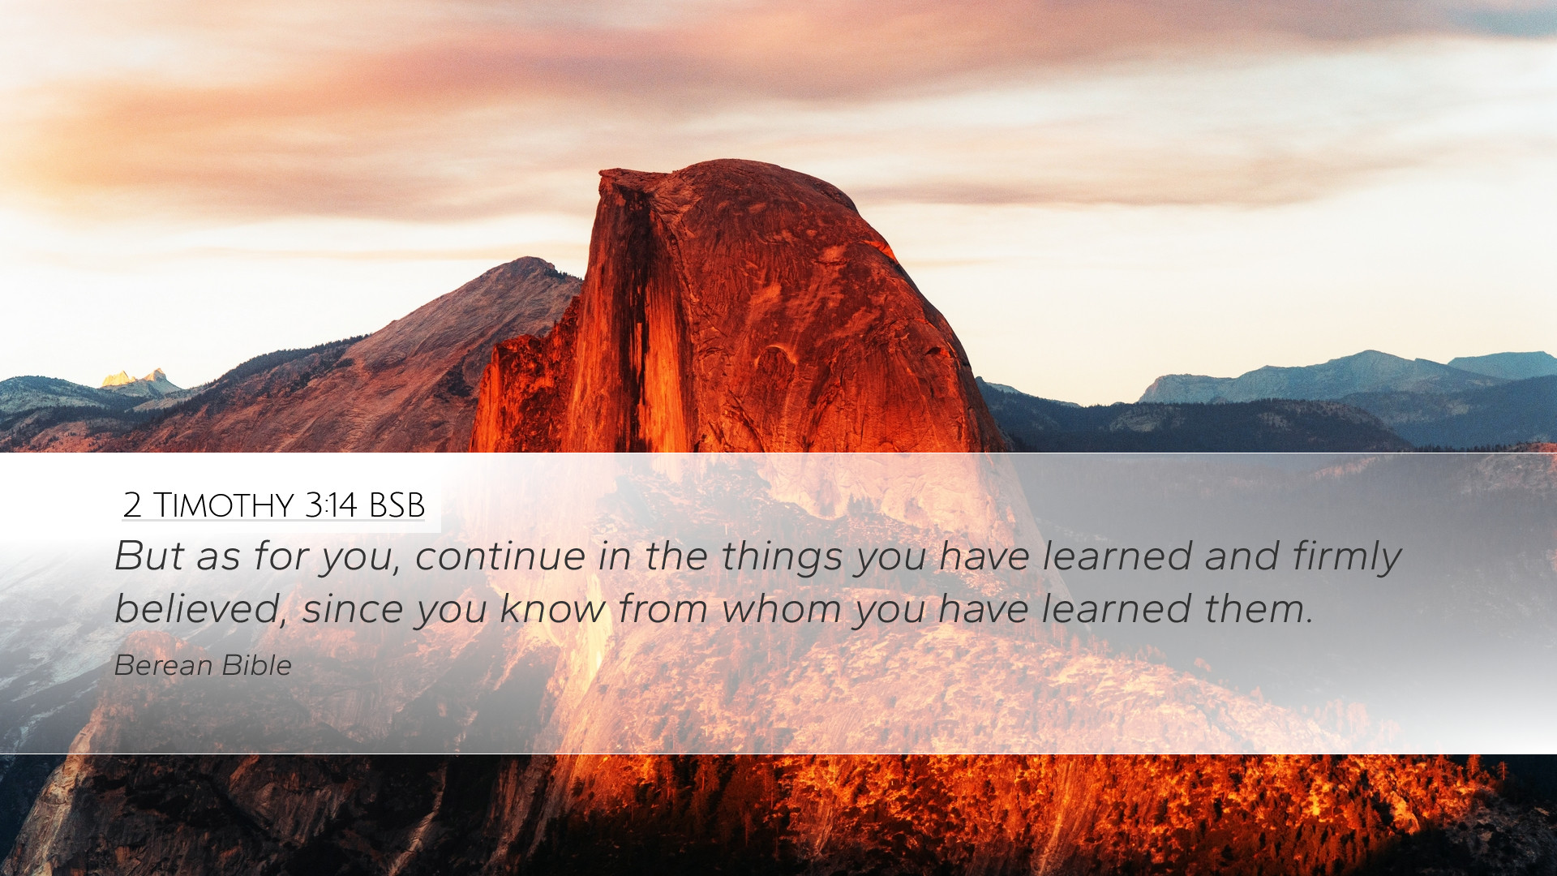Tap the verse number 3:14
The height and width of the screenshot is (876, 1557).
click(331, 505)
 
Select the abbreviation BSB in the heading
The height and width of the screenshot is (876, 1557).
click(397, 505)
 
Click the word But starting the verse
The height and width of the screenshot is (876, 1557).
click(149, 556)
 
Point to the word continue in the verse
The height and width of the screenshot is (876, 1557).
click(500, 556)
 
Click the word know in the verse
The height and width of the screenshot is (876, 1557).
click(552, 609)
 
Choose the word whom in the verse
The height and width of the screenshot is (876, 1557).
click(781, 609)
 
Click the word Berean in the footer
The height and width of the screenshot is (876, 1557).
click(163, 665)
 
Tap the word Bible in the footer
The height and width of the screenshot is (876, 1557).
click(256, 665)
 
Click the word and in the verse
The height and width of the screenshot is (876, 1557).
click(1242, 556)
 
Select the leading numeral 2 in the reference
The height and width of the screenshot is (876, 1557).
click(132, 506)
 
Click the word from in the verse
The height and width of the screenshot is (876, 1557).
click(663, 609)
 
